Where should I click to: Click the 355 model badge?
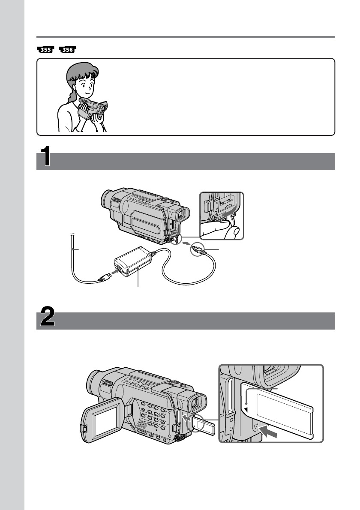coord(45,50)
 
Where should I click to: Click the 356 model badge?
coord(68,50)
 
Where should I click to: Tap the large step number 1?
coord(45,156)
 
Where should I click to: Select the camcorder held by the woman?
coord(93,108)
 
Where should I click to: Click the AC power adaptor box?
coord(133,261)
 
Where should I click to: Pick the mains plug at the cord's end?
coord(104,279)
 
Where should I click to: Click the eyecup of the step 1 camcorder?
coord(183,214)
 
